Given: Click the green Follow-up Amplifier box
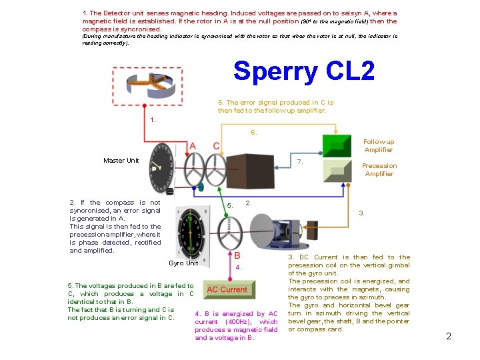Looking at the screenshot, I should [x=337, y=146].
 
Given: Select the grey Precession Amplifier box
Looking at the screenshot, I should [x=337, y=171].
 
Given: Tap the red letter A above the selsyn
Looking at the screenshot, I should [x=193, y=146].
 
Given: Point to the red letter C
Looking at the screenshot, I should [x=216, y=146].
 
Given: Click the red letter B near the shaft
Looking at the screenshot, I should [x=237, y=255].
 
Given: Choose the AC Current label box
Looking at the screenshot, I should [x=227, y=289].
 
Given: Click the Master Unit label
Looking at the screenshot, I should [x=121, y=161].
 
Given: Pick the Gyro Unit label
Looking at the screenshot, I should [x=183, y=263].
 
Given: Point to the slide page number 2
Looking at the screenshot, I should [x=449, y=336].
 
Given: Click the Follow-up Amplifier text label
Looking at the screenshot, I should [x=379, y=146].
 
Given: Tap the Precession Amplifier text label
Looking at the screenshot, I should [x=379, y=170].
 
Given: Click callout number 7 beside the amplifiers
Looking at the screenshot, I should [x=300, y=162].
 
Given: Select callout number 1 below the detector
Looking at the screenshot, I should [x=153, y=120].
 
